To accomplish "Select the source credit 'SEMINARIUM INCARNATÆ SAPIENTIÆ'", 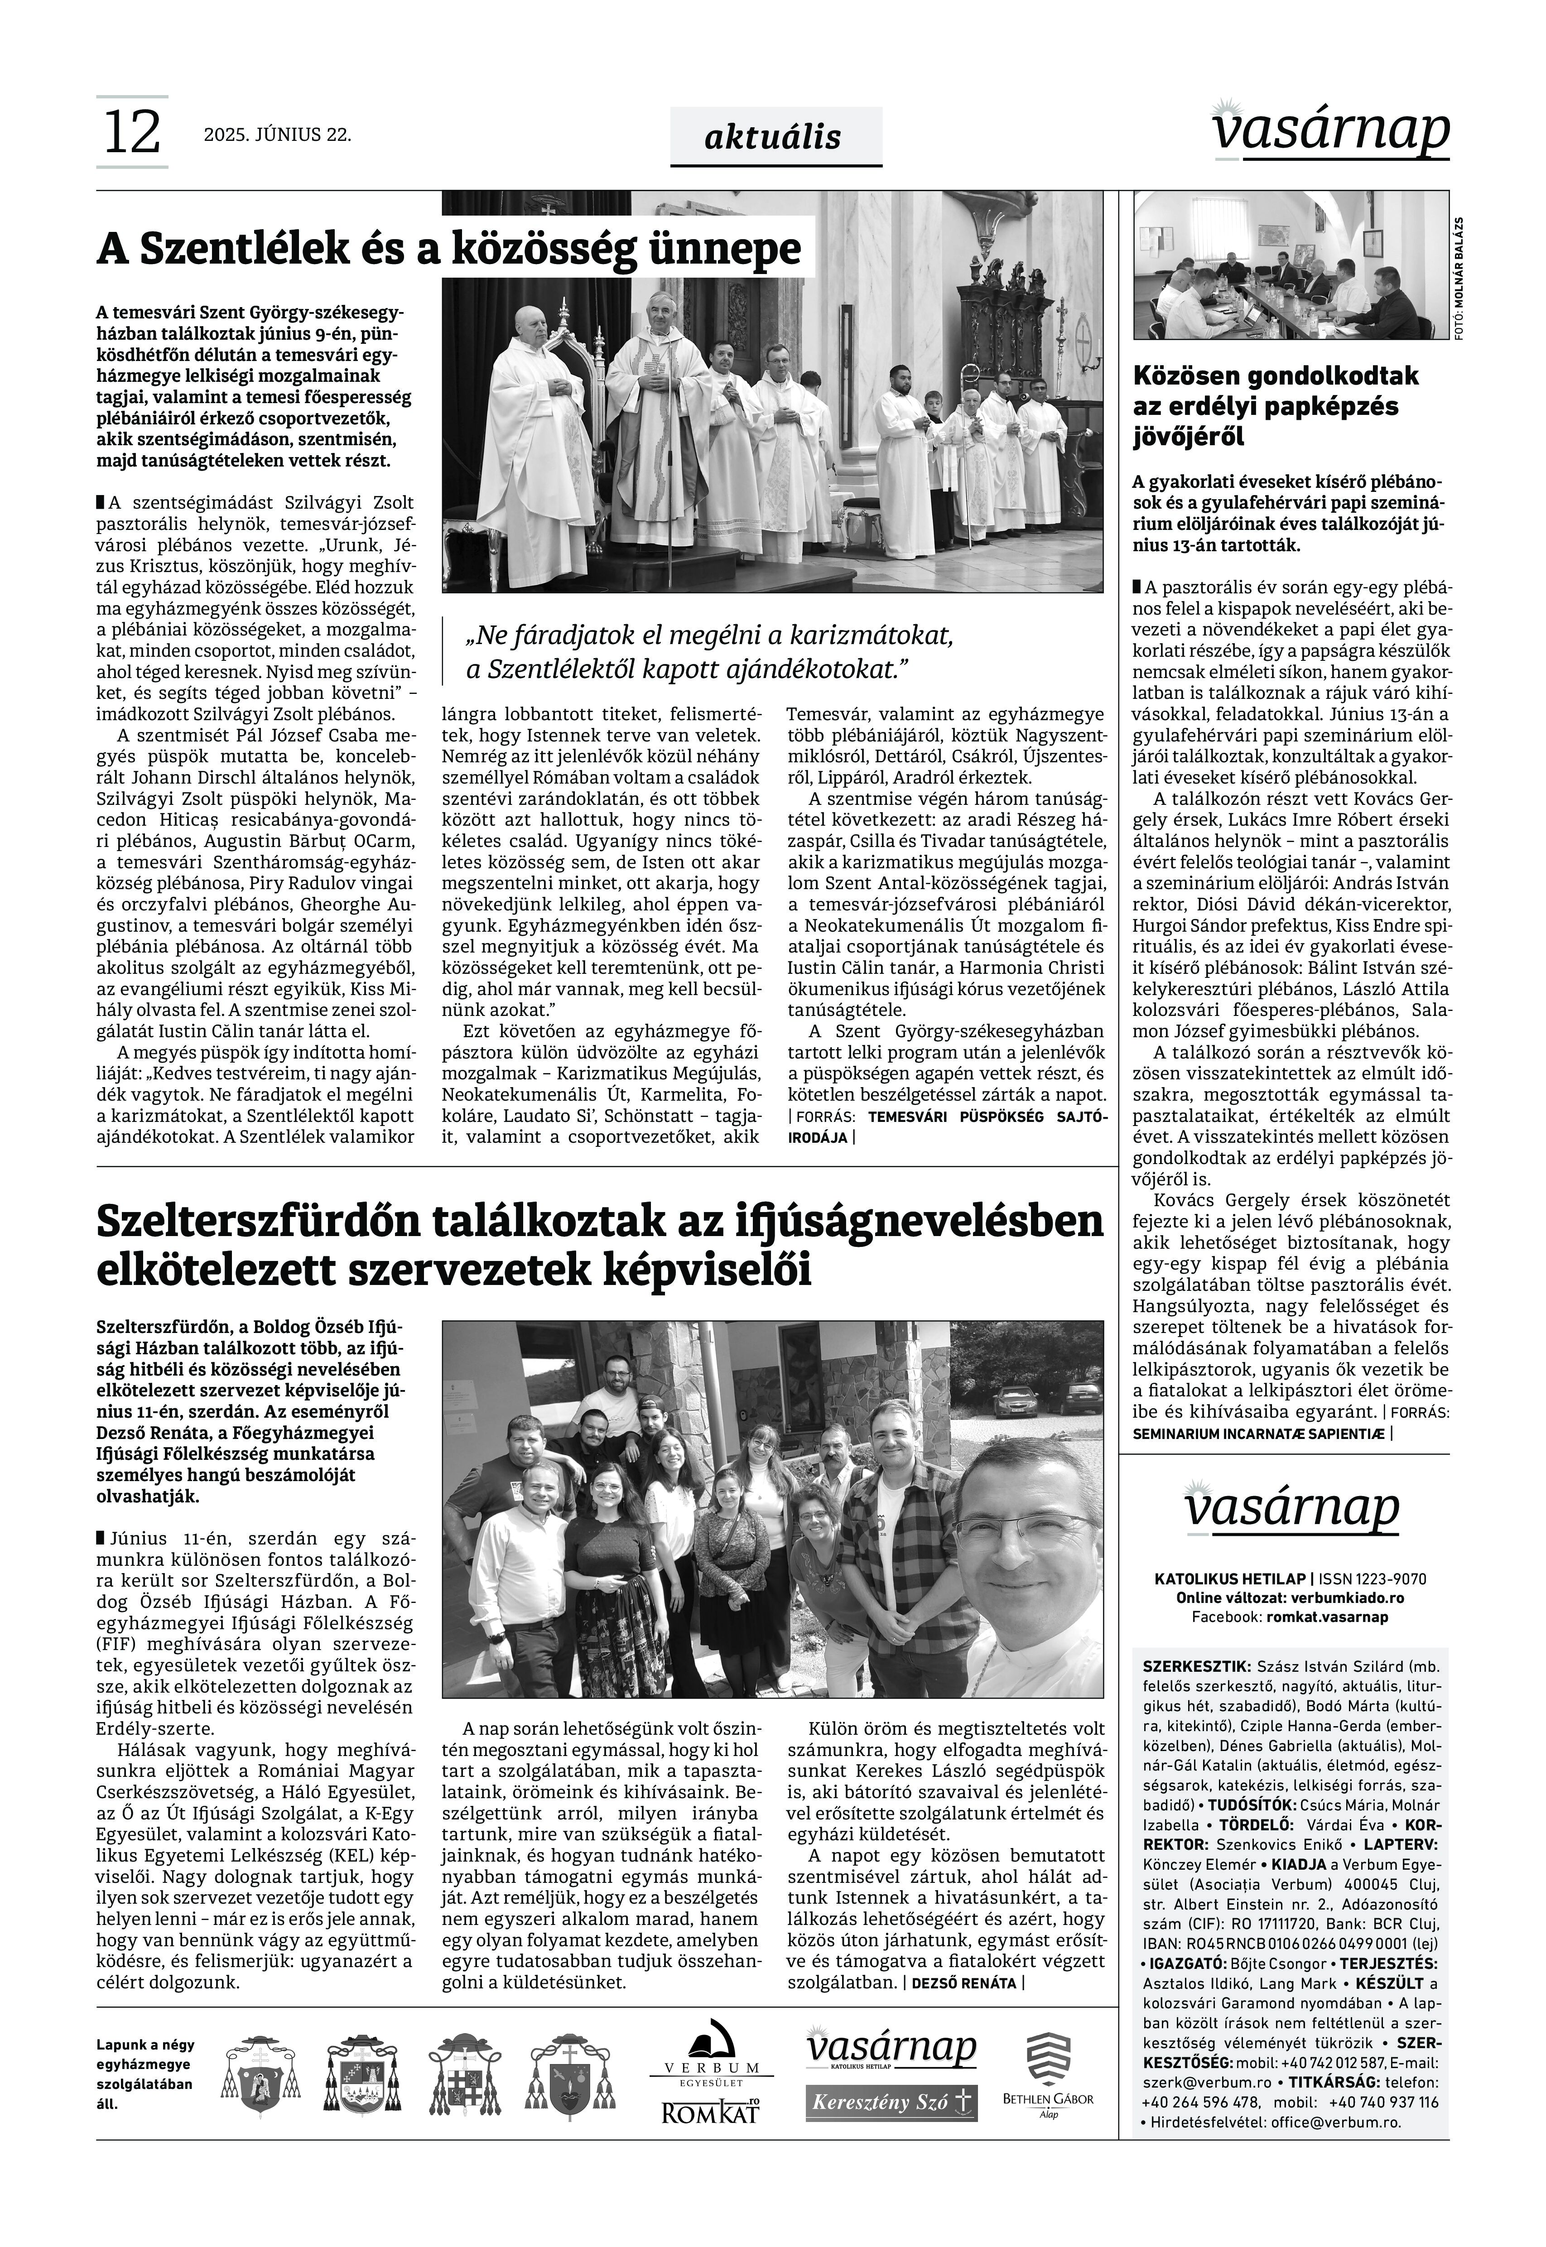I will coord(1259,1434).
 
